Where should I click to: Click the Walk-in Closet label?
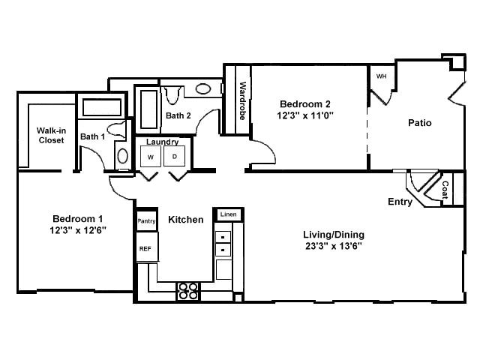point(51,135)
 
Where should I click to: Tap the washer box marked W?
point(151,157)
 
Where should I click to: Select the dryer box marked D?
point(174,157)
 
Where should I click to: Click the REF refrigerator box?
point(145,247)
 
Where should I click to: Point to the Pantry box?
point(146,221)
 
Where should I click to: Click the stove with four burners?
point(187,290)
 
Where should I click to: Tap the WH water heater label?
point(381,76)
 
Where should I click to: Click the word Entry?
point(400,202)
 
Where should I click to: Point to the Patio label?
point(419,123)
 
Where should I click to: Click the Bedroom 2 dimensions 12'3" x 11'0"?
point(305,116)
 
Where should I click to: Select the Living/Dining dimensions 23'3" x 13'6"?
point(327,245)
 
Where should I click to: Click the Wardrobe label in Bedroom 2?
point(243,100)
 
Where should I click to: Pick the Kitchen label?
point(185,220)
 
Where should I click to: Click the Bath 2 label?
point(178,115)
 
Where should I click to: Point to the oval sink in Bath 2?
point(203,88)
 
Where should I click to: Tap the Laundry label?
point(162,142)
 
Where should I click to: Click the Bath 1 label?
point(92,137)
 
